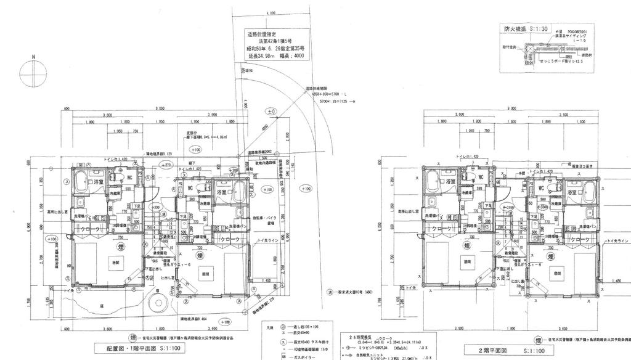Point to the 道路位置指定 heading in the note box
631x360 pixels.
pos(262,35)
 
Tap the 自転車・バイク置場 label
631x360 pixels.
pos(267,219)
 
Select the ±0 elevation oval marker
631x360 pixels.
pos(270,112)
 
